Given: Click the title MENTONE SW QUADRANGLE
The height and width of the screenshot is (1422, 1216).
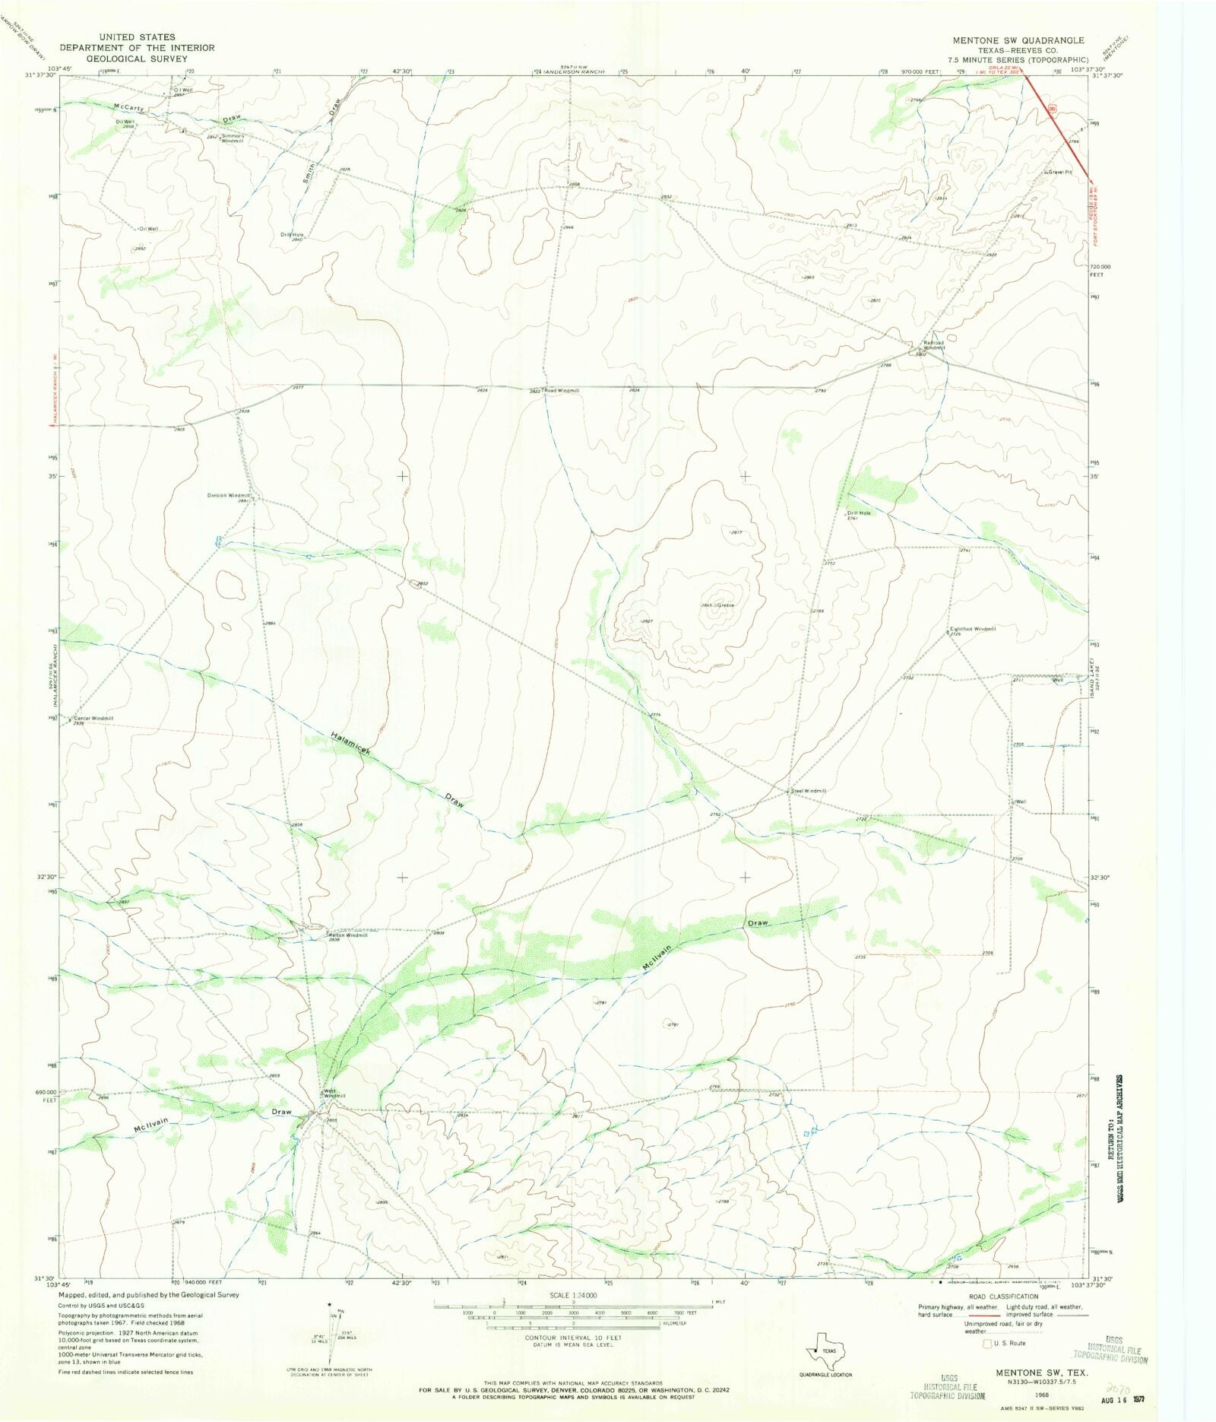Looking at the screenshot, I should point(1018,40).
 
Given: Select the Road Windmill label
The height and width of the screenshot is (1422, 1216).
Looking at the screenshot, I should point(561,390).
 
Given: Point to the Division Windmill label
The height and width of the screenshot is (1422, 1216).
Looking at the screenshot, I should point(228,495).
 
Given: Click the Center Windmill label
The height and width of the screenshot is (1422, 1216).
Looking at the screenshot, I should point(93,718).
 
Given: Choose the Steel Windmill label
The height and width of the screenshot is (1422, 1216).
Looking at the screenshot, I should point(808,791).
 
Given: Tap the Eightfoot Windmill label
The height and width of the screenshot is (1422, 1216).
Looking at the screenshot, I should point(973,629).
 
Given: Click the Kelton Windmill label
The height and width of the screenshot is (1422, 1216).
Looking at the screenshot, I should point(347,935).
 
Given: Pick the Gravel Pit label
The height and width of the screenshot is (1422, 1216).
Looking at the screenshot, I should point(1059,172).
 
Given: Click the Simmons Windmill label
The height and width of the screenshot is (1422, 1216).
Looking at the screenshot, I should point(232,138).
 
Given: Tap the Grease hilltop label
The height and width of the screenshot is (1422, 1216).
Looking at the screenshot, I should point(726,605).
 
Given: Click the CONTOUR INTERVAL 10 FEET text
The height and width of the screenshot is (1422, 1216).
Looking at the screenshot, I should point(573,1338).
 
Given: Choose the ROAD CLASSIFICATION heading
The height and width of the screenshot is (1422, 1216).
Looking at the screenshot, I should point(1003,1297).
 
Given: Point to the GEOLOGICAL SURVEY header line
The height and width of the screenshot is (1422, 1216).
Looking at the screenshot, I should point(137,58).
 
